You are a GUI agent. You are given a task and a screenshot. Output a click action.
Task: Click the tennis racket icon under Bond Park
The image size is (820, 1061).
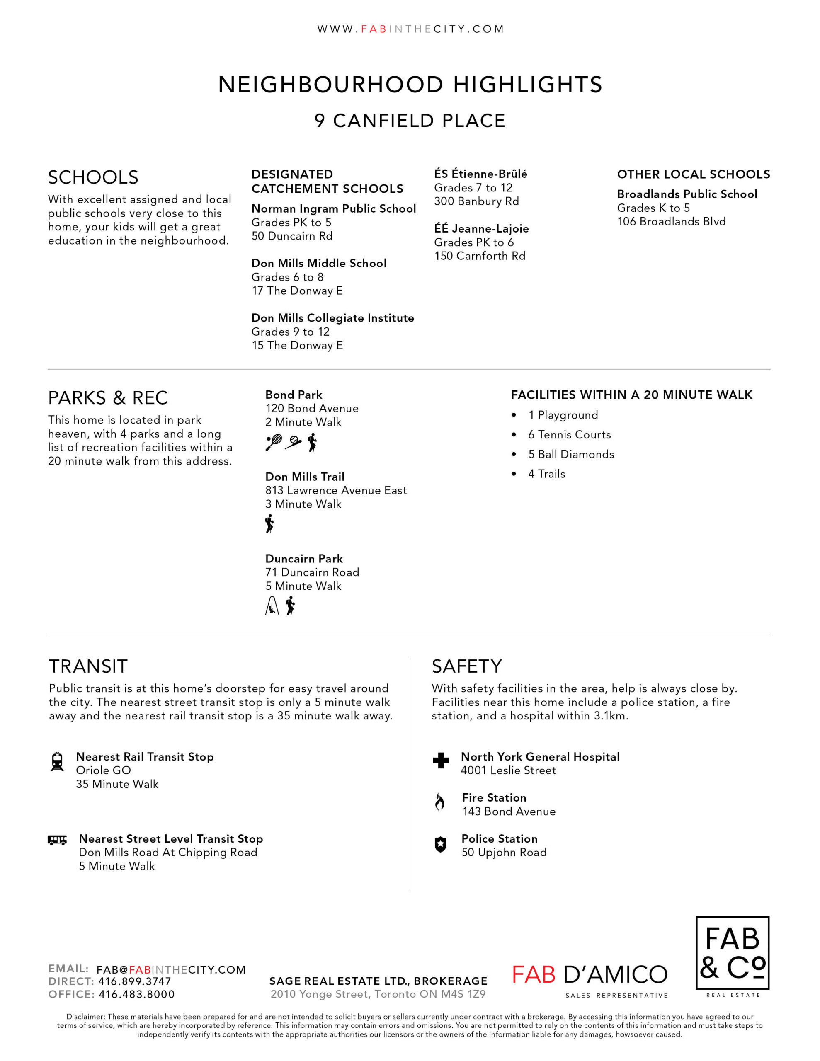point(274,443)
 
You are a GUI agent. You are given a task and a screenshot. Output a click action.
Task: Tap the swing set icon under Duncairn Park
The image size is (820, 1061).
point(272,606)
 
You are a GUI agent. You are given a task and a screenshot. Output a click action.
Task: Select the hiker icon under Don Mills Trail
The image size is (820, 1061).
point(270,524)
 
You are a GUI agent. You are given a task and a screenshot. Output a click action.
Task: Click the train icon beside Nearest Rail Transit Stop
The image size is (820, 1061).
point(57,762)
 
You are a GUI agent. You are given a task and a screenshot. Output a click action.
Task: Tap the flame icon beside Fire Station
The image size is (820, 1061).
point(440,802)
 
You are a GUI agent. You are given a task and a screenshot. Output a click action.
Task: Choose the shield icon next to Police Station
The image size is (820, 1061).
point(440,844)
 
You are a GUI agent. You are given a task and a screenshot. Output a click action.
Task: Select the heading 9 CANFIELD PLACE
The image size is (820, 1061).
point(410,121)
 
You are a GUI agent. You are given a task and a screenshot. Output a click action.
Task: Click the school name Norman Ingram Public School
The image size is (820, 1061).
point(333,208)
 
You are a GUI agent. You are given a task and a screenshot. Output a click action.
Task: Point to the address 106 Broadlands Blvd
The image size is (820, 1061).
point(671,222)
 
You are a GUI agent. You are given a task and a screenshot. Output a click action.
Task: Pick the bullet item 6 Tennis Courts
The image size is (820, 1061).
point(569,435)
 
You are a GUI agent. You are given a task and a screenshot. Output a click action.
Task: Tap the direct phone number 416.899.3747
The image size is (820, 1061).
point(135,982)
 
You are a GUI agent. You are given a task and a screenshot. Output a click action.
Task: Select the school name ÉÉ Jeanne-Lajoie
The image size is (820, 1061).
point(481,228)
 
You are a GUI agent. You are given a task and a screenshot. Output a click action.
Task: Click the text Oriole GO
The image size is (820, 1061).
point(104,770)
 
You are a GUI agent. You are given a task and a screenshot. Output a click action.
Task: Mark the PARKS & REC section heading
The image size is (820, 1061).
point(108,398)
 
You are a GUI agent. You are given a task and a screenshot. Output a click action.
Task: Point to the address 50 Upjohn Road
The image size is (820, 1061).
point(504,852)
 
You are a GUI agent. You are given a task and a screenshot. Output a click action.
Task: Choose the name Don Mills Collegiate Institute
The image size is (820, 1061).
point(332,318)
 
